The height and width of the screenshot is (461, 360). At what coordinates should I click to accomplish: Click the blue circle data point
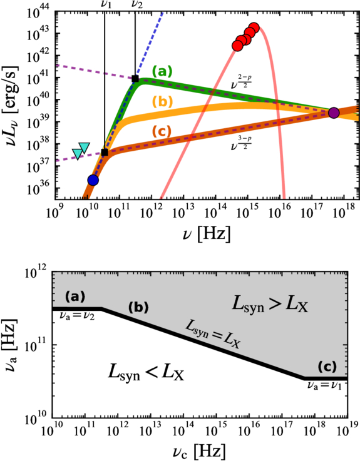[93, 180]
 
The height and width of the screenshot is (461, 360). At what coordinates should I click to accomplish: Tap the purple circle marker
[334, 113]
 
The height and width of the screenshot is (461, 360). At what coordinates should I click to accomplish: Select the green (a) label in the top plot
[162, 71]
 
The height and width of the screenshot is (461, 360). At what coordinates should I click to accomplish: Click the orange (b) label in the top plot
[162, 101]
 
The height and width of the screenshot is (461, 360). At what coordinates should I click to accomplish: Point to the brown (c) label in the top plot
[162, 131]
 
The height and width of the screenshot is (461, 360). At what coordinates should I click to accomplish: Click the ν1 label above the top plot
[105, 4]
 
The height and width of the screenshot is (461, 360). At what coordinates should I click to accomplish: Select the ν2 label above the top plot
[137, 4]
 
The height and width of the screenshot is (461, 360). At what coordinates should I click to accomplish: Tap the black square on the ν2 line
[135, 78]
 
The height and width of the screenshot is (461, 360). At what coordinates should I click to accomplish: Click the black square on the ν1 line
[105, 152]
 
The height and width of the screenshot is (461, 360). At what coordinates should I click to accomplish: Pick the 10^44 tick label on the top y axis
[39, 13]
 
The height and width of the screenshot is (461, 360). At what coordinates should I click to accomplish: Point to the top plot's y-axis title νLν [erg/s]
[11, 106]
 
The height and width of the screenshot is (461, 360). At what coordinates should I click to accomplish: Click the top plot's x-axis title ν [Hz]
[206, 234]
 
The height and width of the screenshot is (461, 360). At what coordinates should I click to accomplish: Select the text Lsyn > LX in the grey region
[270, 304]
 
